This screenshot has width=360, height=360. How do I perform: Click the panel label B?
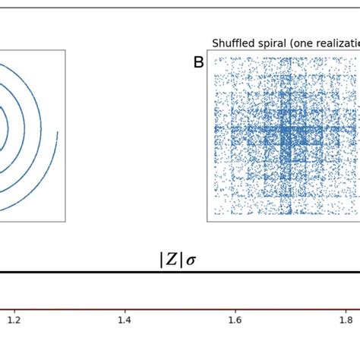[198, 63]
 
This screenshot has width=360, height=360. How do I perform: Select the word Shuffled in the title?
[233, 43]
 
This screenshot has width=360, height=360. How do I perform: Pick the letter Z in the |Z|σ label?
[172, 260]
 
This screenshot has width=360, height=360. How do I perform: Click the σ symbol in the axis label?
[191, 261]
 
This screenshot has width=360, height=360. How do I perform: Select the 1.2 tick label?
[14, 321]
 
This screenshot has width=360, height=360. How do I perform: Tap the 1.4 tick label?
[125, 321]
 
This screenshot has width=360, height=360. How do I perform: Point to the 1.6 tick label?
[235, 321]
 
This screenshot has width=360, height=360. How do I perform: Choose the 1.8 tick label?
[346, 321]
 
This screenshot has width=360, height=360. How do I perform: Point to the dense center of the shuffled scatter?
[286, 137]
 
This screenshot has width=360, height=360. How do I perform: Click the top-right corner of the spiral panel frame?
[65, 51]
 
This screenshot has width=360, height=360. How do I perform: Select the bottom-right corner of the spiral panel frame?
[65, 222]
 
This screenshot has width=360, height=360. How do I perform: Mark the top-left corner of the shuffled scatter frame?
[207, 51]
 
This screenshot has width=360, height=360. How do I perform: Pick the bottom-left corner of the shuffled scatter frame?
[207, 222]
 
